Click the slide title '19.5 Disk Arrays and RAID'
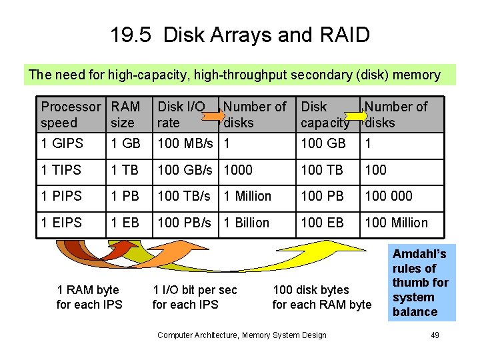[240, 35]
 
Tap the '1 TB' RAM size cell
[125, 170]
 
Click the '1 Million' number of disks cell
[248, 196]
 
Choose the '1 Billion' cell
[247, 223]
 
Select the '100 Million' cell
[397, 223]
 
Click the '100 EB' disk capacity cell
[323, 223]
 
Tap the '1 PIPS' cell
[61, 196]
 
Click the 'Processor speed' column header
[71, 115]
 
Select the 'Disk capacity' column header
[325, 115]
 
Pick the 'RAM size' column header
[126, 115]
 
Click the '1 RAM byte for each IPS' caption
[89, 297]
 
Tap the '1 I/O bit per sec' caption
[195, 290]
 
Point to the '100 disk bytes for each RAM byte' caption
[322, 297]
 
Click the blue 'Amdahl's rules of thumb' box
[421, 283]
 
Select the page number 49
[435, 335]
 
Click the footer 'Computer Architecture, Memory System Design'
[242, 335]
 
